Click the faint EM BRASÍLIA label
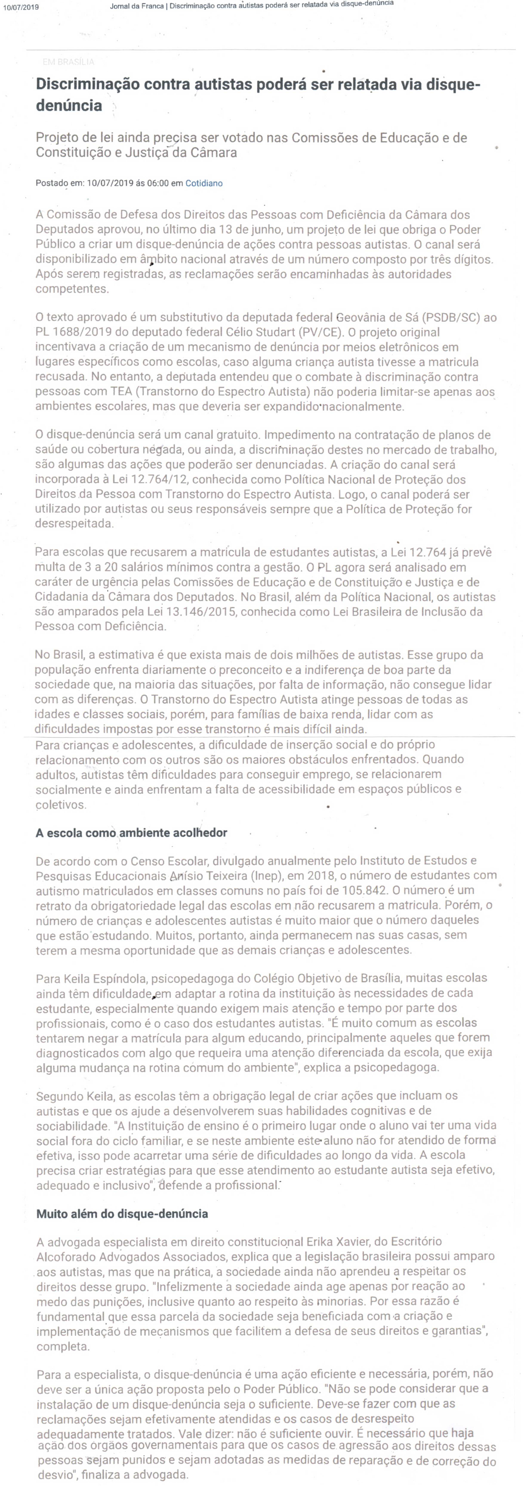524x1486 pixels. click(68, 62)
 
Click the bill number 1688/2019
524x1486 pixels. click(78, 332)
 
